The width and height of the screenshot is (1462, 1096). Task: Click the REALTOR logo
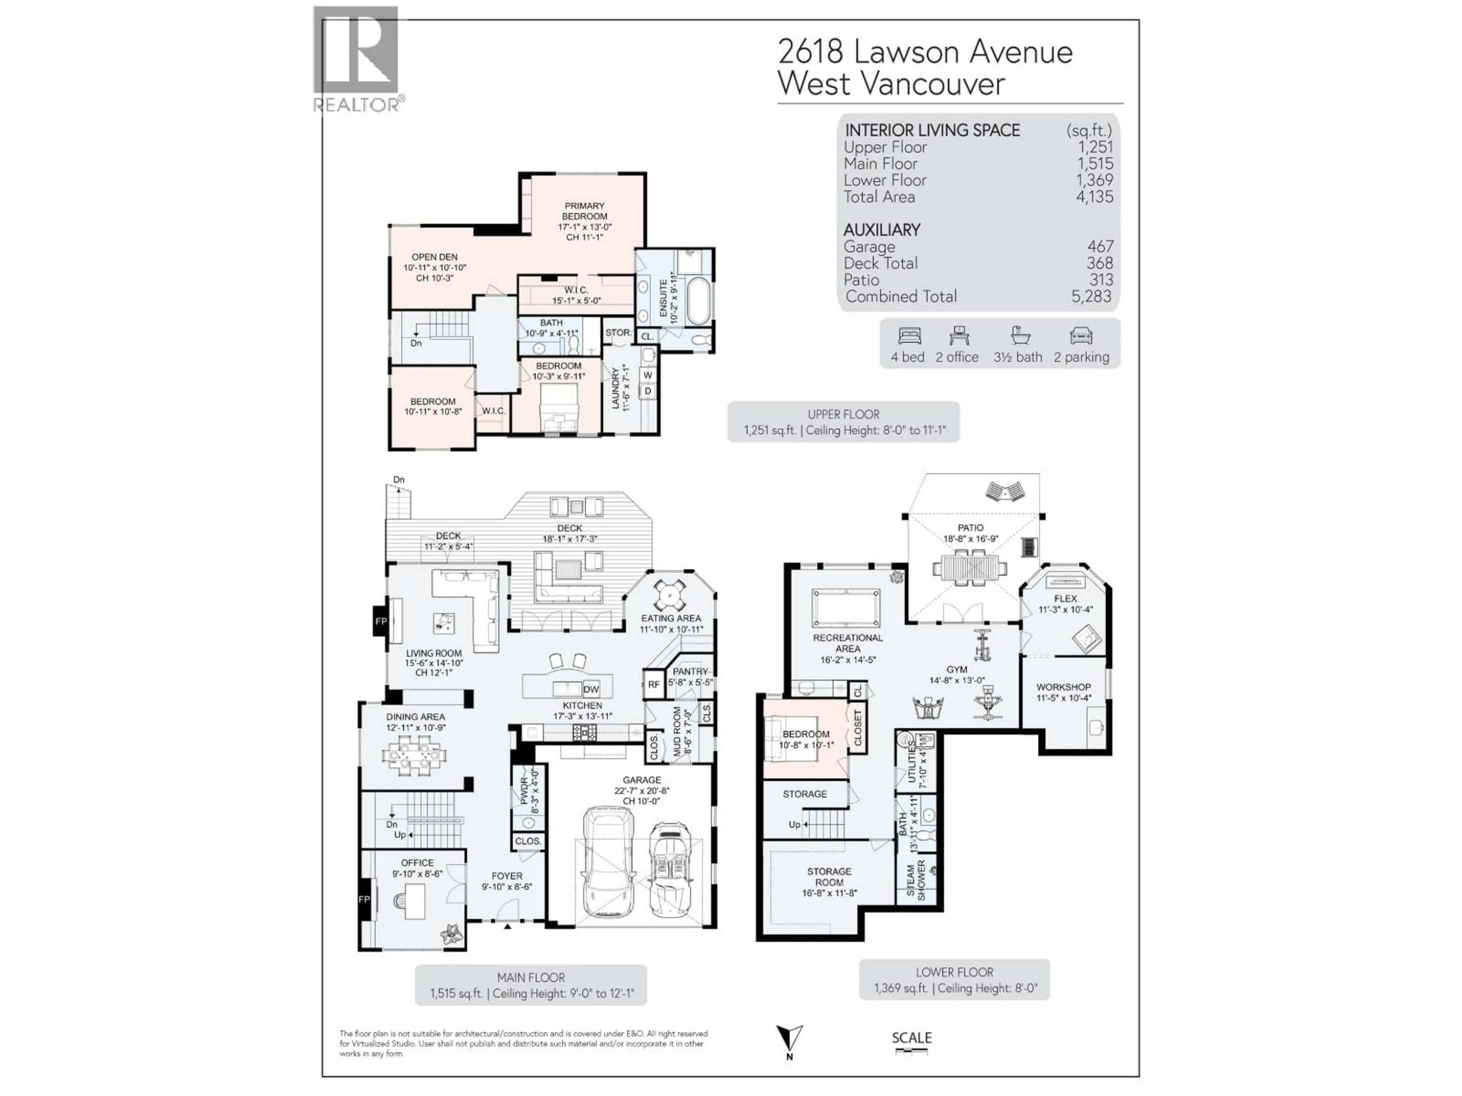pos(356,58)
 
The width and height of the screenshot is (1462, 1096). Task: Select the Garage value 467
pos(1100,247)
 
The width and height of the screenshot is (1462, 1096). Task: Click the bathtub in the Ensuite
pos(699,301)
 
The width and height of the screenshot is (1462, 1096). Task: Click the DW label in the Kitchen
pos(591,689)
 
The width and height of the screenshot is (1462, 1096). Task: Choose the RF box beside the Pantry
pos(653,684)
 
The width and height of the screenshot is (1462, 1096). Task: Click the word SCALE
pos(911,1037)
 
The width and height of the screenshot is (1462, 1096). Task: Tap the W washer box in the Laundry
pos(648,375)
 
